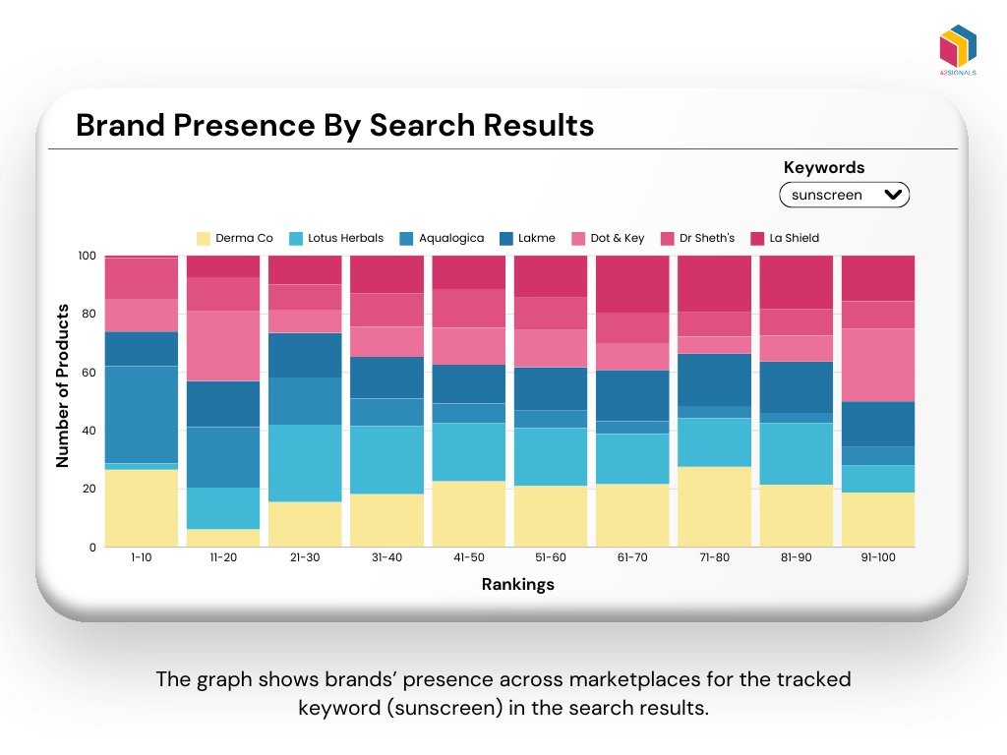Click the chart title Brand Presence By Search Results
[x=334, y=126]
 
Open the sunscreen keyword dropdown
[x=845, y=195]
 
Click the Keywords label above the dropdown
[x=824, y=167]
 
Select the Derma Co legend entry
[x=235, y=238]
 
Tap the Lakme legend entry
[x=527, y=238]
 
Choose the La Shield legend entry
[x=784, y=238]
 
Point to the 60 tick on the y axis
[x=88, y=373]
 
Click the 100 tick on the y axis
[x=86, y=256]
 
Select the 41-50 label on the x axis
[x=468, y=557]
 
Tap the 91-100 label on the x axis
[x=878, y=557]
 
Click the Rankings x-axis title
[x=518, y=584]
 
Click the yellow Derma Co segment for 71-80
[x=714, y=506]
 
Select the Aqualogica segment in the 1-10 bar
[x=142, y=414]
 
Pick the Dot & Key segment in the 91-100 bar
[x=878, y=365]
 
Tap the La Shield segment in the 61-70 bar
[x=632, y=284]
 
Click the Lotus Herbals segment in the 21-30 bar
[x=305, y=463]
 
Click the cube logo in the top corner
[x=958, y=47]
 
